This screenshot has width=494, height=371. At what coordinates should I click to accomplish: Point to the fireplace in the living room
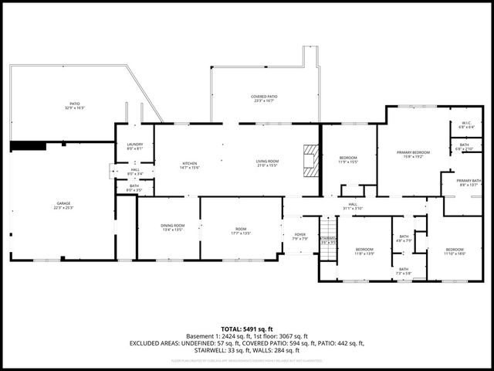[310, 161]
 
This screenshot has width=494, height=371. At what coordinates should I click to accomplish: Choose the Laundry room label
[134, 146]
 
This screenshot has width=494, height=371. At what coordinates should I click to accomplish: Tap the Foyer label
[299, 237]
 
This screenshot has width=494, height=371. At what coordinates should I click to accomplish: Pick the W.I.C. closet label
[465, 124]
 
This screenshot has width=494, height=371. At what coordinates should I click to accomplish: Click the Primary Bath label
[468, 182]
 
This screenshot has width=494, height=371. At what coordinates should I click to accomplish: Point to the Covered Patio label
[264, 98]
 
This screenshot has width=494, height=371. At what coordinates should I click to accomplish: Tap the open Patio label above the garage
[75, 106]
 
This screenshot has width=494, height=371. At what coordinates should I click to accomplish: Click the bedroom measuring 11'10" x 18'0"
[455, 251]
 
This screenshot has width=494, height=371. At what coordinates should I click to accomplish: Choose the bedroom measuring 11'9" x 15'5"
[349, 161]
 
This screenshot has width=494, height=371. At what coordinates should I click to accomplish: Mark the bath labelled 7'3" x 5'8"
[403, 271]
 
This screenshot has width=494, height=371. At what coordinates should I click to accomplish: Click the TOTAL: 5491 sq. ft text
[246, 329]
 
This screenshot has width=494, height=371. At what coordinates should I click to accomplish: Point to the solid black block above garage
[28, 145]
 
